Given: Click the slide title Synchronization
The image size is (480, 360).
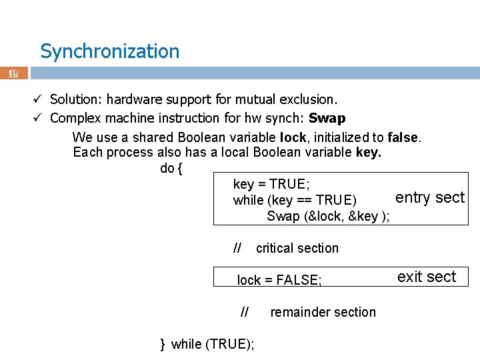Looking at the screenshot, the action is (x=109, y=51).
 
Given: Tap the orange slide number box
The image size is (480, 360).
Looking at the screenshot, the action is (x=14, y=73).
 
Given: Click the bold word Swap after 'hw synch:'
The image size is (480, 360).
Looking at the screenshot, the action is (x=327, y=119).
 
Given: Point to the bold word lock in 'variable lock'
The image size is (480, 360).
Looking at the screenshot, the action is (x=293, y=137).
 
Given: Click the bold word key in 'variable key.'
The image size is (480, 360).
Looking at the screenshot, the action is (x=368, y=152).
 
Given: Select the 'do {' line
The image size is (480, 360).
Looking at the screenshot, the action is (x=171, y=168).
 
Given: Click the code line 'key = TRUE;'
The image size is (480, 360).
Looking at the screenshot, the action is (x=271, y=184).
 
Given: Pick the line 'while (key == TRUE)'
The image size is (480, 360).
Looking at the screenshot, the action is (x=295, y=200).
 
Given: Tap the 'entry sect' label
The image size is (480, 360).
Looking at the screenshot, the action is (x=429, y=197).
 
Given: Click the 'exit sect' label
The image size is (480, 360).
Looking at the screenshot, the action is (x=427, y=277).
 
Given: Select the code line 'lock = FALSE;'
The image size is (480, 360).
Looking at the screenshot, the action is (x=279, y=280).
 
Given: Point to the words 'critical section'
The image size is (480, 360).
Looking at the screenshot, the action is (x=297, y=248).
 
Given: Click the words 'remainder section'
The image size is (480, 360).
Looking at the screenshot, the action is (x=323, y=312).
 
